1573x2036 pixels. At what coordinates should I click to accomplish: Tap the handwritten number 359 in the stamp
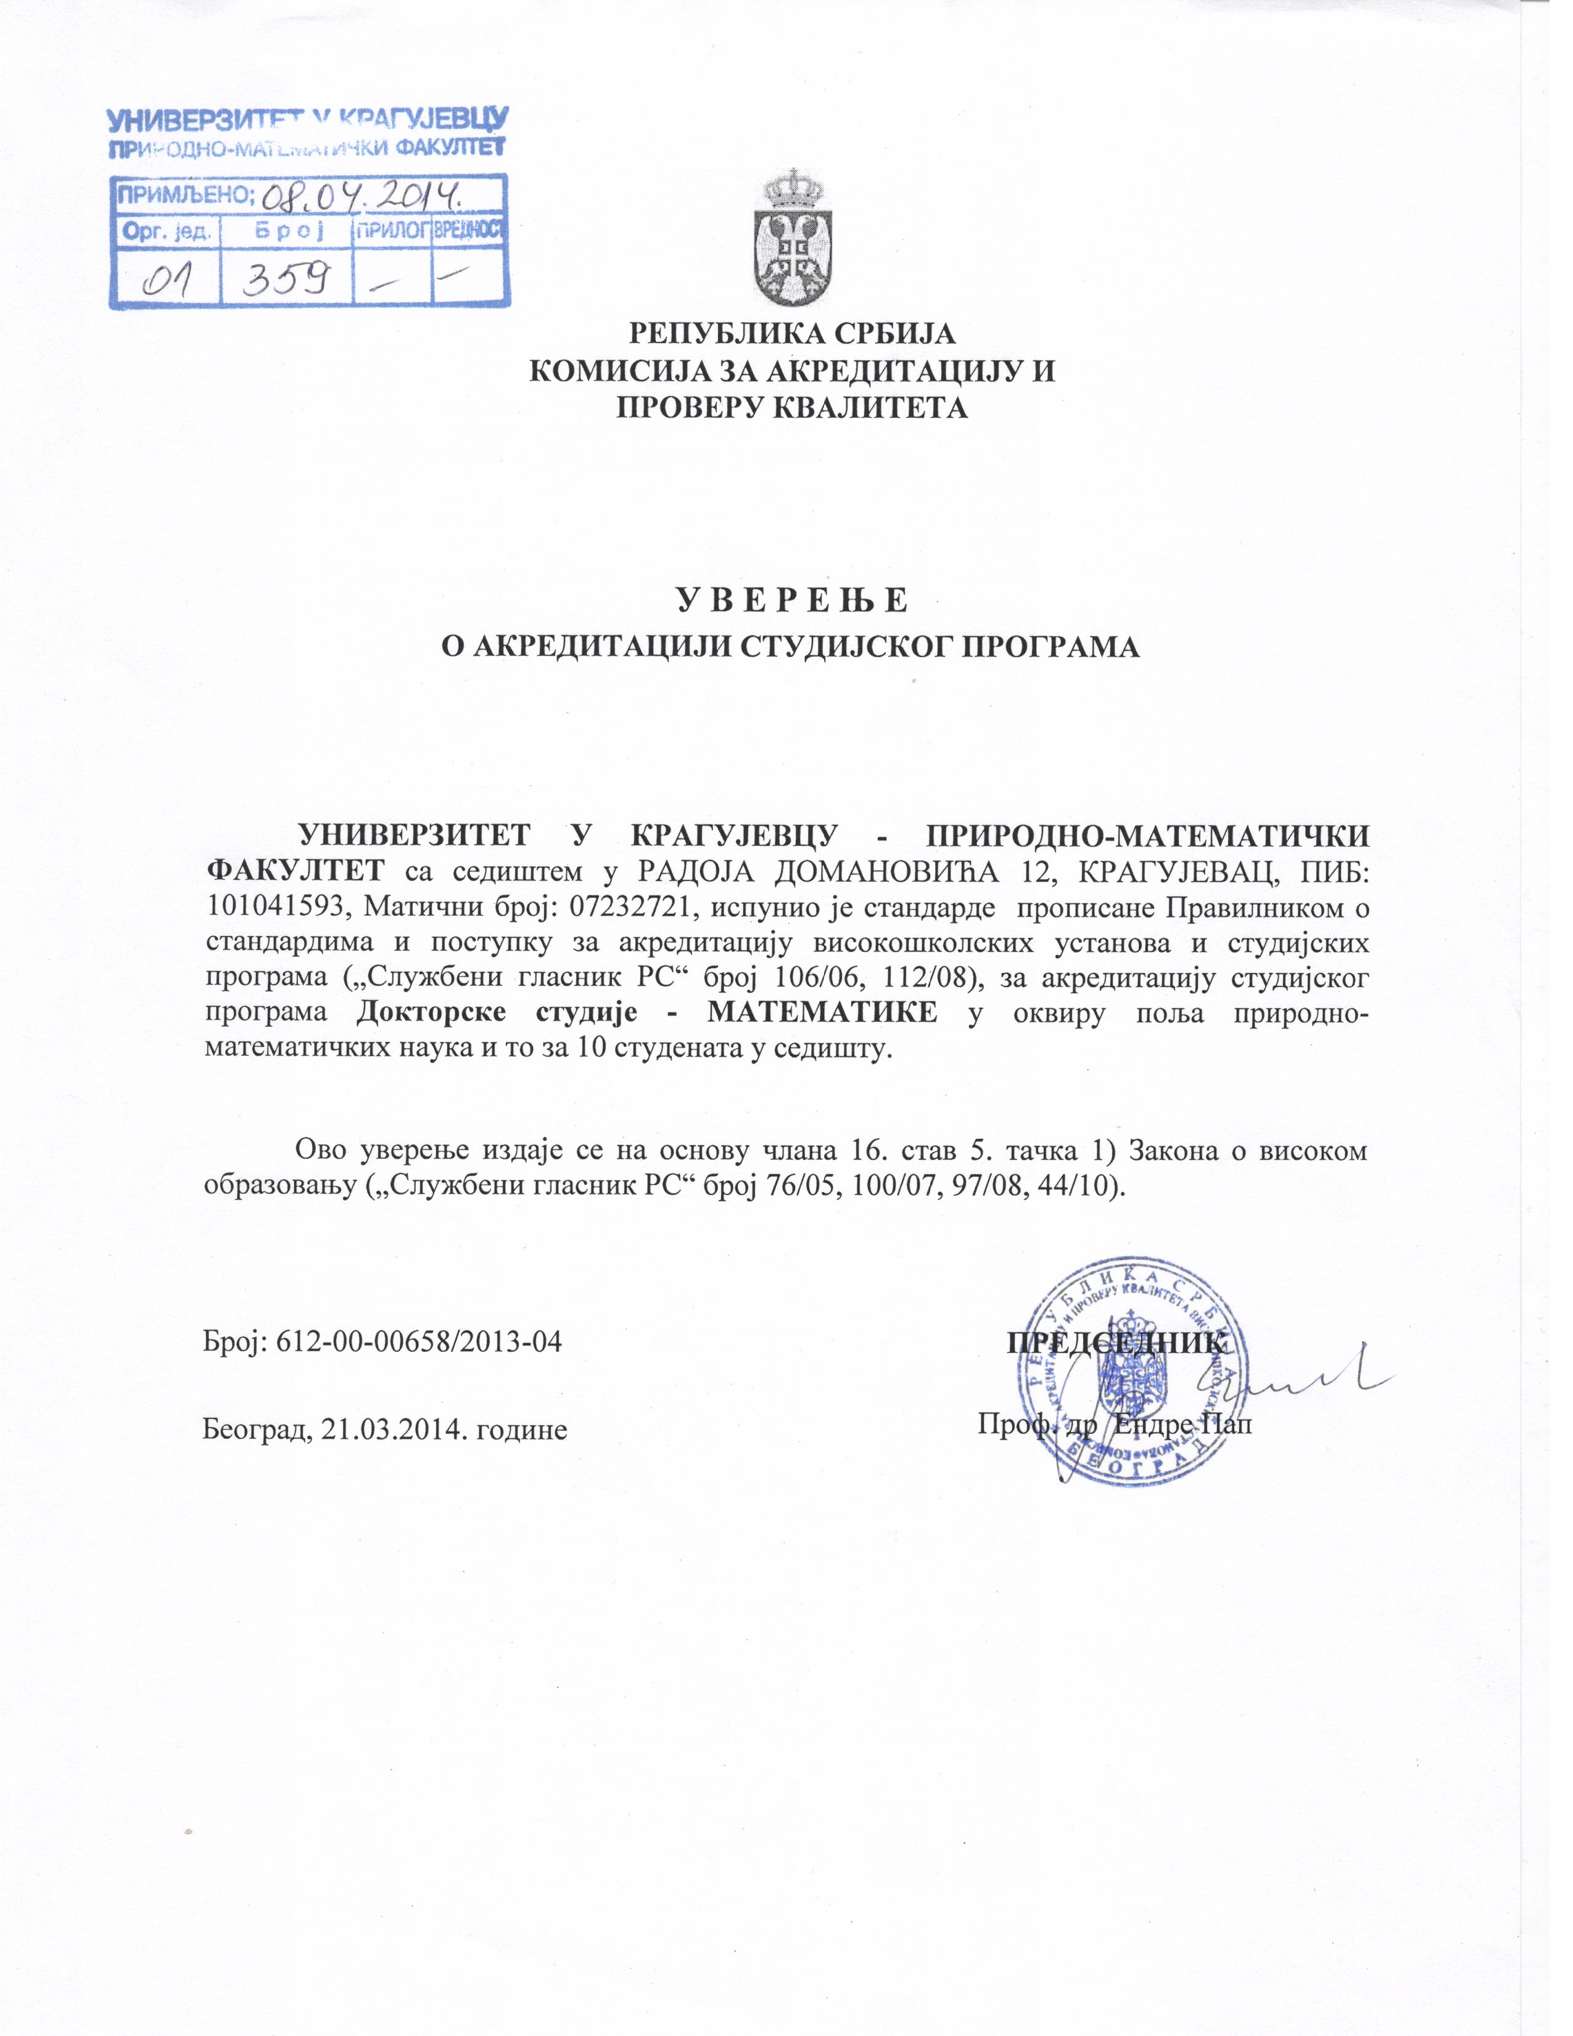click(x=285, y=277)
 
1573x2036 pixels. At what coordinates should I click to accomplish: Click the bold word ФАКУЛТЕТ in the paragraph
click(x=294, y=871)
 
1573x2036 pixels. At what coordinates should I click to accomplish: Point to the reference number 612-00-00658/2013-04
click(x=419, y=1343)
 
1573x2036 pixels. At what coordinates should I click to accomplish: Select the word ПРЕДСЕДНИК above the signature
click(x=1115, y=1343)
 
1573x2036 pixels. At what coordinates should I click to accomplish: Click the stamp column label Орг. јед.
click(x=166, y=231)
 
